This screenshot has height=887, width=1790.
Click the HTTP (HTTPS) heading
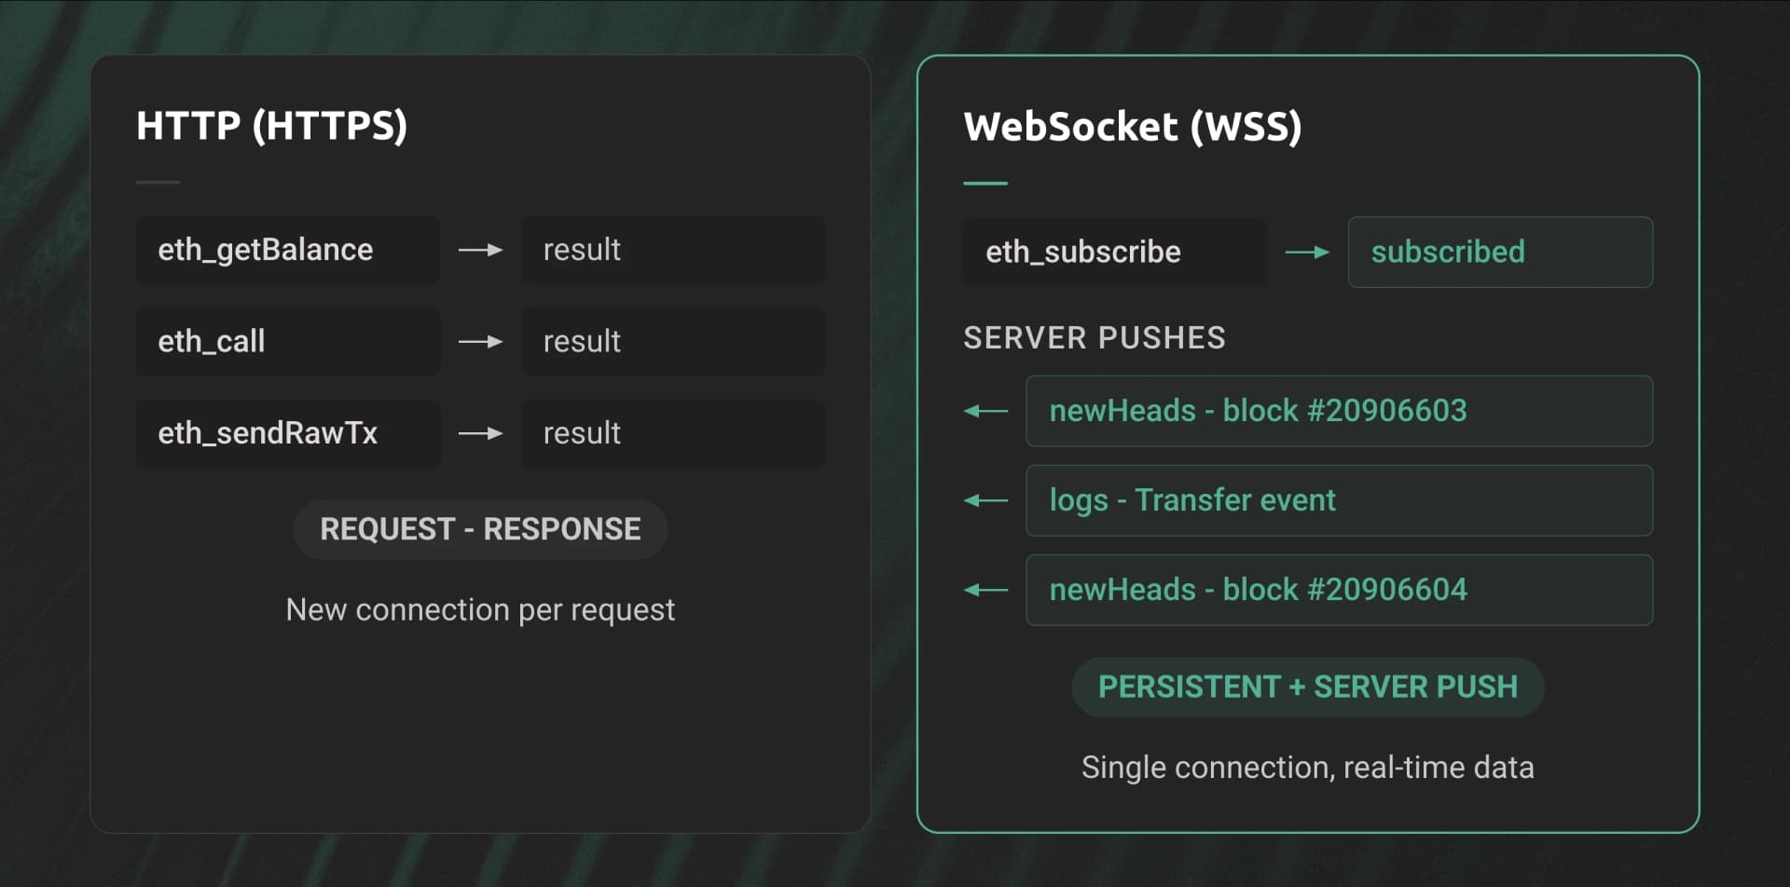[x=271, y=126]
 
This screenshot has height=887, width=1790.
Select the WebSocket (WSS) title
[x=1133, y=127]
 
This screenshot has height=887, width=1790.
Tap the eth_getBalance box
[x=288, y=250]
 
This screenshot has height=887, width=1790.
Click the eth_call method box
[x=288, y=341]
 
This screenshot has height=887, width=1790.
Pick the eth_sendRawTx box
[x=288, y=433]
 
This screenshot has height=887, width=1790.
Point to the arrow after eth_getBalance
[x=481, y=250]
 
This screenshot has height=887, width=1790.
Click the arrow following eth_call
[x=481, y=342]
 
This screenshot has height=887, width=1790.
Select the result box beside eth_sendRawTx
[x=673, y=433]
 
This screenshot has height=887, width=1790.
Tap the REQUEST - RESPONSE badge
[x=480, y=529]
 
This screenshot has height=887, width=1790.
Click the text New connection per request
[x=480, y=609]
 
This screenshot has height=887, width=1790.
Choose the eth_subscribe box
[x=1115, y=252]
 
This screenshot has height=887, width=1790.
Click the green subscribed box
[x=1500, y=252]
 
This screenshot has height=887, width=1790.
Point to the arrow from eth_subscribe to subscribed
[x=1308, y=252]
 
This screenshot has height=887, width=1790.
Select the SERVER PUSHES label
[x=1095, y=337]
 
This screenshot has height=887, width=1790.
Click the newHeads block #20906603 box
[x=1339, y=411]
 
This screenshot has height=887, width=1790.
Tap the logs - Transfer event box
[x=1339, y=500]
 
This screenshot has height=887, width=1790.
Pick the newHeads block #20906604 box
[x=1339, y=590]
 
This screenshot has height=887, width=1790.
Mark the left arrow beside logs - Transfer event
[x=985, y=500]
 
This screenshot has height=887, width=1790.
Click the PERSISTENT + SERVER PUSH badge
[x=1308, y=687]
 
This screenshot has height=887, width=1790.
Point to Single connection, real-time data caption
[x=1308, y=767]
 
